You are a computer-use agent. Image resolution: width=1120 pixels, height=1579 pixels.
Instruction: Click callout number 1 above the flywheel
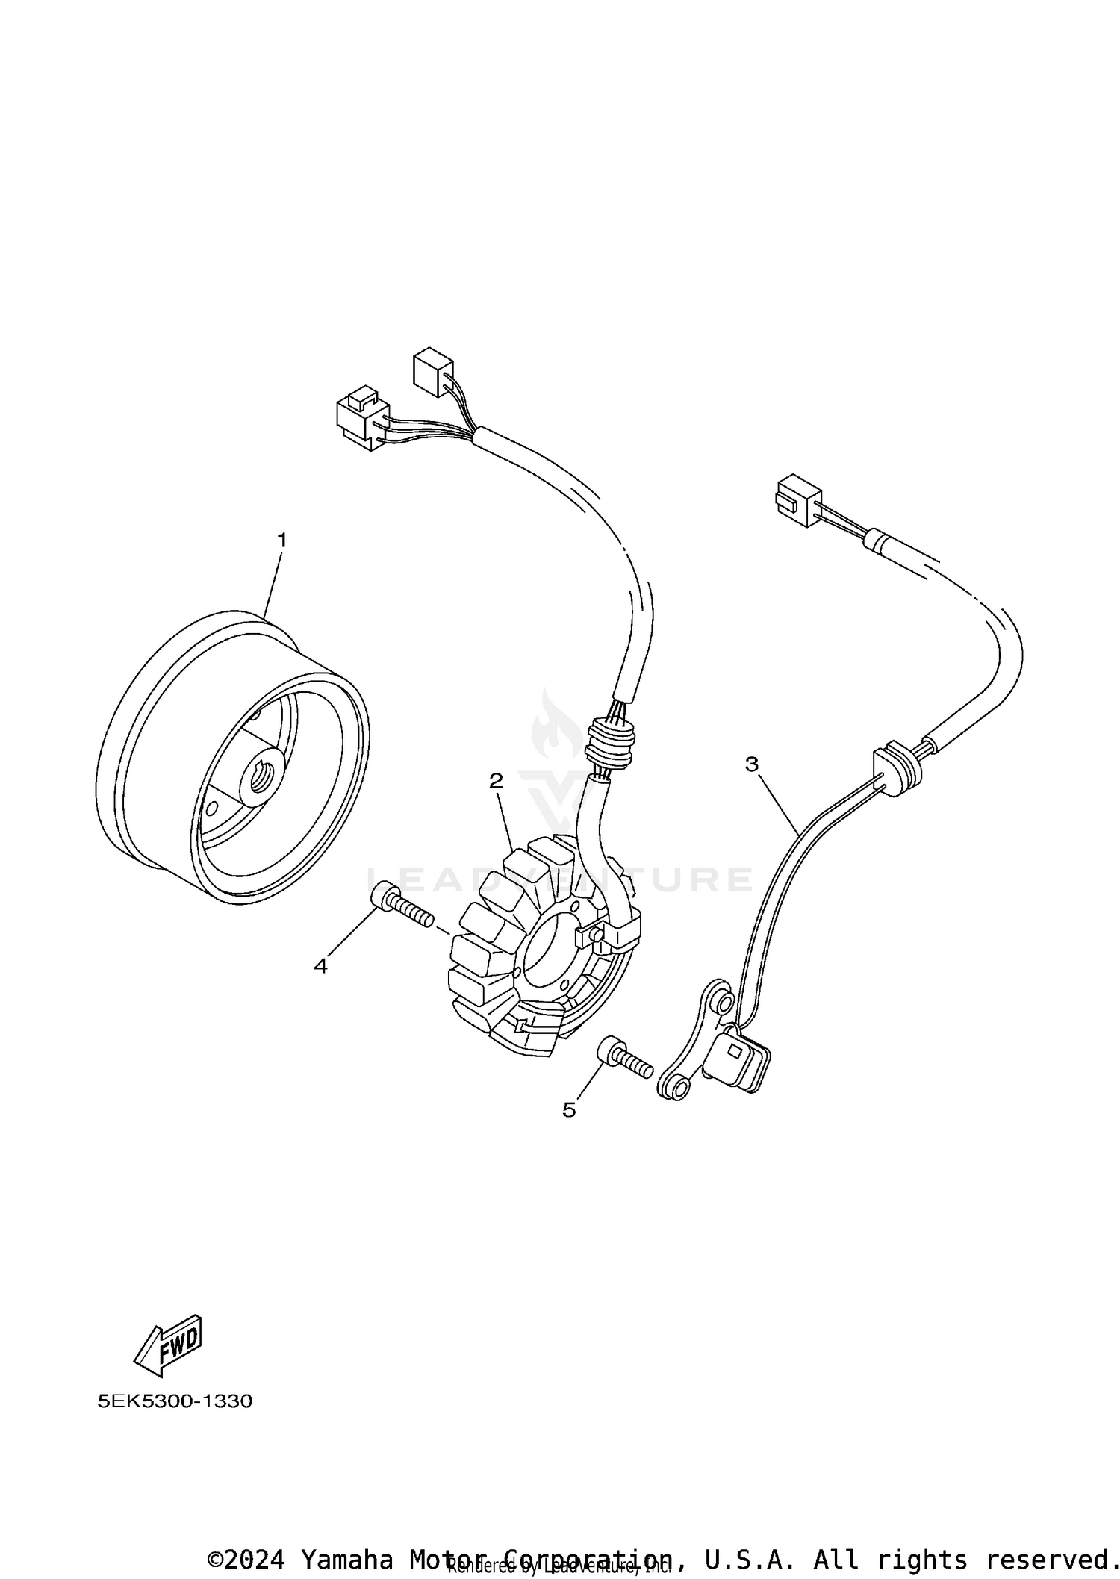(281, 539)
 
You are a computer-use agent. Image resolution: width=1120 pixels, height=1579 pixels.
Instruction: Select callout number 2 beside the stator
(496, 781)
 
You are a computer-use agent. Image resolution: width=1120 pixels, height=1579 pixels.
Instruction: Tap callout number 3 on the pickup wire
(751, 764)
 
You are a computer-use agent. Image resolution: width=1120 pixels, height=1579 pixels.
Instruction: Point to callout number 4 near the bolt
(320, 966)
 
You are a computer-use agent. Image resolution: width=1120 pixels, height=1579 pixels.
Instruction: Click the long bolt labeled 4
(401, 909)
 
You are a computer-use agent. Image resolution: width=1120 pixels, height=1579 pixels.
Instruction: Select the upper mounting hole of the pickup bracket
(721, 1000)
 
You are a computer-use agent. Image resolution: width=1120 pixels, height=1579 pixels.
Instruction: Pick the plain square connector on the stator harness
(432, 372)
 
